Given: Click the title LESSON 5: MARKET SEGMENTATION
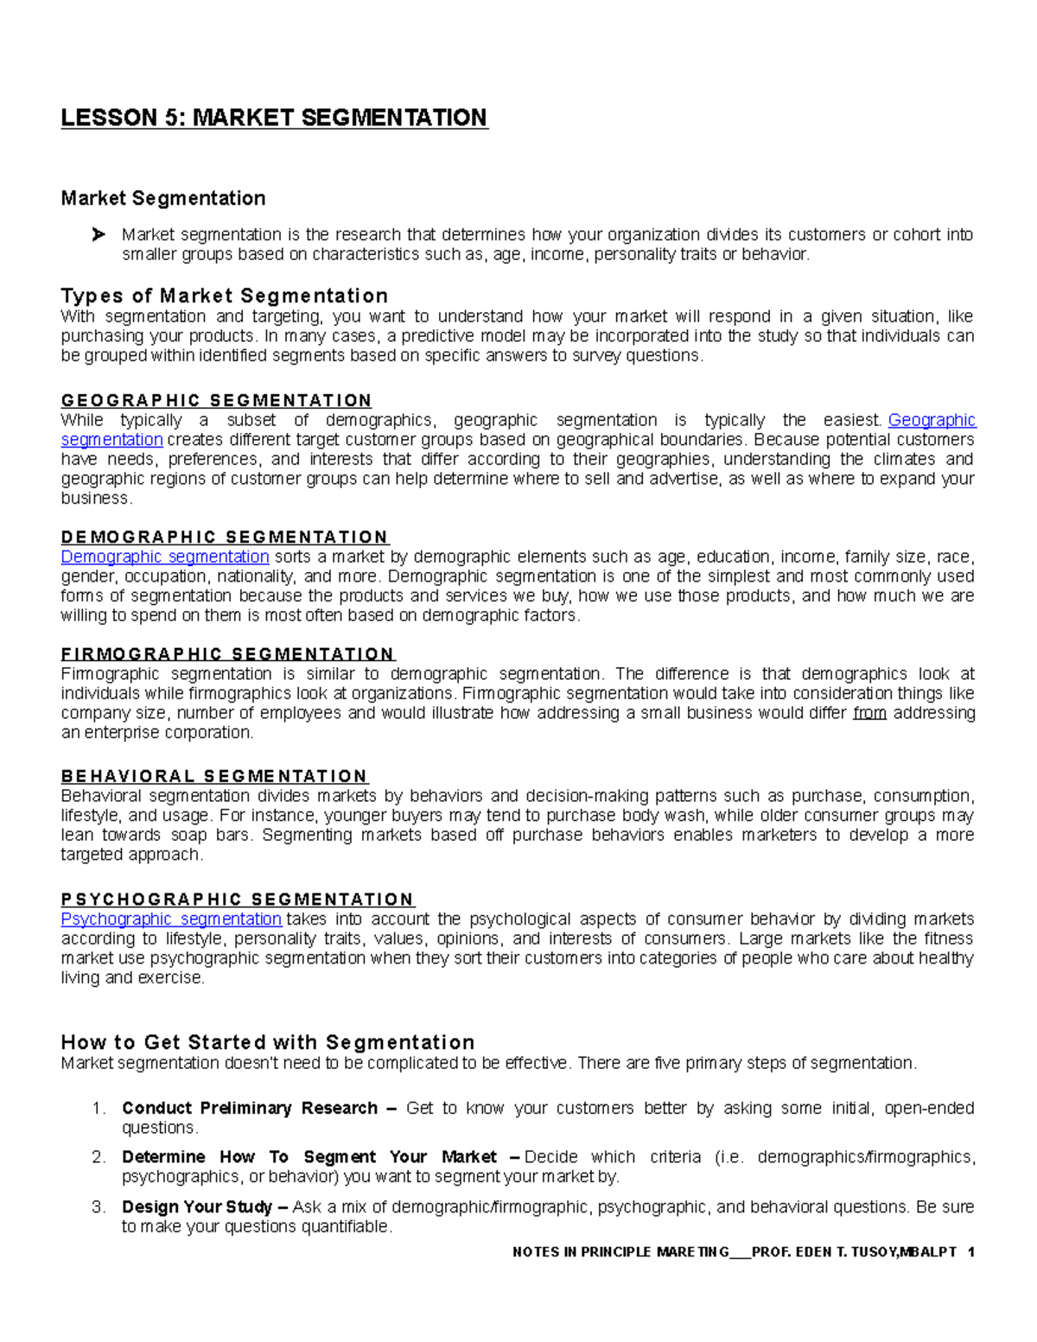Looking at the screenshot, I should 274,118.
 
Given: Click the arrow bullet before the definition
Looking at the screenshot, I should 98,234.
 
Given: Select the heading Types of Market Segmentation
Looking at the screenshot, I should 224,296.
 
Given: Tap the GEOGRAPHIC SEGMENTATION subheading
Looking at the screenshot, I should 216,400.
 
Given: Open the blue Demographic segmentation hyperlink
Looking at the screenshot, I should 165,557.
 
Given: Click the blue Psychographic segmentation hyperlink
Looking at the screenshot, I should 171,919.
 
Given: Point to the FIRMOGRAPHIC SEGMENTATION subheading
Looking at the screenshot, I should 227,654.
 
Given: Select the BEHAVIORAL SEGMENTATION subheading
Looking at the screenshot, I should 214,776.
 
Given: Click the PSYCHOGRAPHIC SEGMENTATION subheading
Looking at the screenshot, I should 238,899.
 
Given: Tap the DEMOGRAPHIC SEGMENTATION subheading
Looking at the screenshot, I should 225,537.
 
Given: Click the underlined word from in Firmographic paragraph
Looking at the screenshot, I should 869,713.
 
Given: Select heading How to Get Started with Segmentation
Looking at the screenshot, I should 268,1042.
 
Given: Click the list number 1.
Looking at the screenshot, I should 99,1109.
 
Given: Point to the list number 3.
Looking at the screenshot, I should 99,1207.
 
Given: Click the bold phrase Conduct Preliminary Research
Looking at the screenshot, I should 250,1108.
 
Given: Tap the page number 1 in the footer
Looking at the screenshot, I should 970,1252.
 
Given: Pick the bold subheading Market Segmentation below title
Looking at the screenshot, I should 162,199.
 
